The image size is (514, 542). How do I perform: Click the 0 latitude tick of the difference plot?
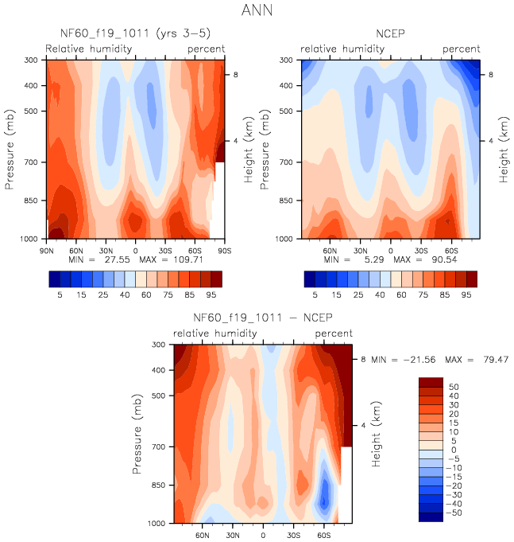[x=263, y=535]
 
